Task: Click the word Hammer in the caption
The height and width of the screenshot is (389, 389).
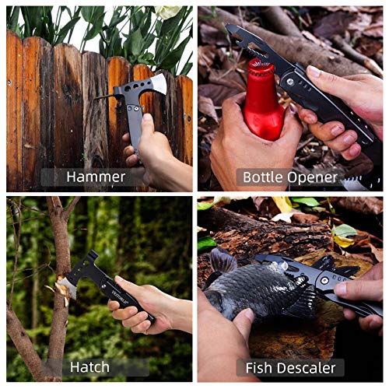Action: click(x=96, y=177)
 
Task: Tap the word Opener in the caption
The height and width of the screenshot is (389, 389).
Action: click(x=317, y=177)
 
